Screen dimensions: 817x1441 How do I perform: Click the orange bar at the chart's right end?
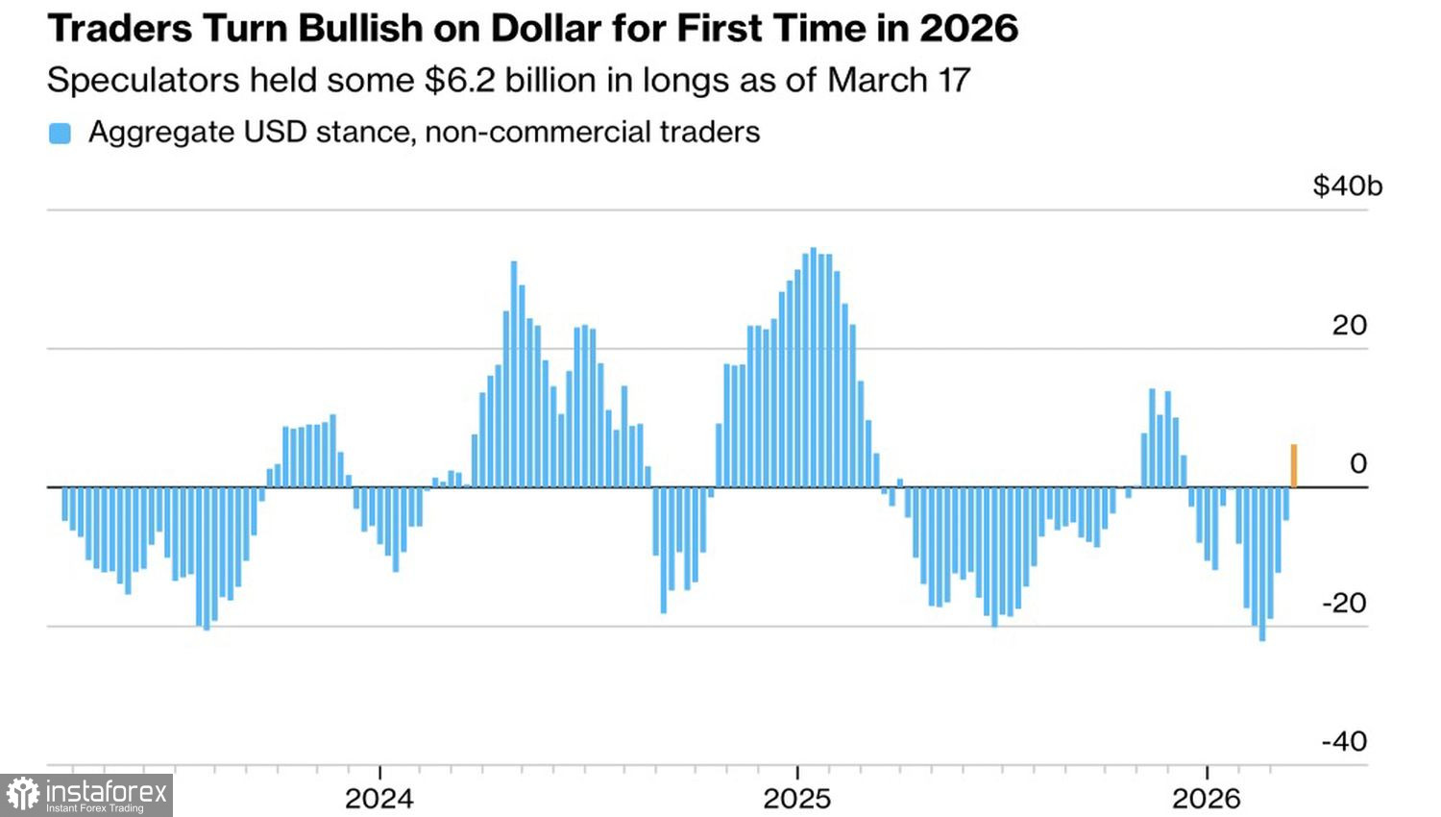pyautogui.click(x=1293, y=466)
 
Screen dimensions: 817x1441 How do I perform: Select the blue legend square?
pyautogui.click(x=60, y=134)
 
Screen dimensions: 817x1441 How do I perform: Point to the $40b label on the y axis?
pyautogui.click(x=1347, y=186)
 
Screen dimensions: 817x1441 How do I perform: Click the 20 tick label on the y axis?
pyautogui.click(x=1349, y=325)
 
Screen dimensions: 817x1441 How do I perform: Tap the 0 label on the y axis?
pyautogui.click(x=1357, y=463)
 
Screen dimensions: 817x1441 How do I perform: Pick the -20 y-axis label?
pyautogui.click(x=1344, y=603)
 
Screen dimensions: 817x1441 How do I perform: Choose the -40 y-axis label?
pyautogui.click(x=1344, y=741)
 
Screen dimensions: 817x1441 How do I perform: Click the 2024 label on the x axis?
pyautogui.click(x=379, y=798)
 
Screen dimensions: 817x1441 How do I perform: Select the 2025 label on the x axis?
pyautogui.click(x=796, y=798)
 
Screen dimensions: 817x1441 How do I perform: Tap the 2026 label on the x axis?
pyautogui.click(x=1207, y=798)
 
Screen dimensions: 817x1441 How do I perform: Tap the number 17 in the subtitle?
pyautogui.click(x=954, y=80)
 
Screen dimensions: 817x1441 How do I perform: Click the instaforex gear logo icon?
pyautogui.click(x=23, y=795)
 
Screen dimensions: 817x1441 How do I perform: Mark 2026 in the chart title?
pyautogui.click(x=968, y=28)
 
